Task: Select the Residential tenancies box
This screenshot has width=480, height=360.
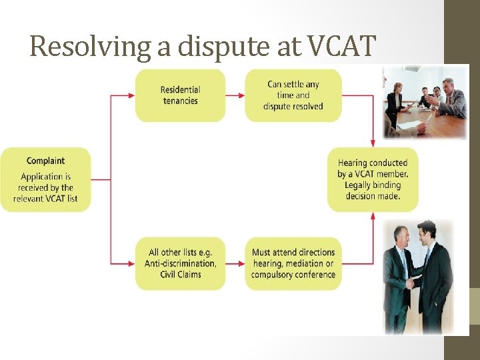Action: (x=180, y=95)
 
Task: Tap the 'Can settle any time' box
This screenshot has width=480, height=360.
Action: (x=293, y=95)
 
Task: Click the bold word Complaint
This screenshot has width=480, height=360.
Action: (x=45, y=161)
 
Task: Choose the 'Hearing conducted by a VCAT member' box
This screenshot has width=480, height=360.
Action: (x=373, y=179)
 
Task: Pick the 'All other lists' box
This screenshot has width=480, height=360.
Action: (x=180, y=263)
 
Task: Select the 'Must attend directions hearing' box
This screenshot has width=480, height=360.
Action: (x=293, y=263)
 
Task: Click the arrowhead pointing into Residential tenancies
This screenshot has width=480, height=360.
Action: (x=131, y=95)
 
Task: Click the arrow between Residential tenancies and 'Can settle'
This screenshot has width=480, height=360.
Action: (x=235, y=95)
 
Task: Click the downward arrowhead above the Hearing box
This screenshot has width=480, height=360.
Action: (x=373, y=143)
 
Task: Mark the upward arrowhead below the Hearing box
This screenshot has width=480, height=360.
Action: (x=373, y=216)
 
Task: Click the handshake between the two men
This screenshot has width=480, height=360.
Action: (x=412, y=283)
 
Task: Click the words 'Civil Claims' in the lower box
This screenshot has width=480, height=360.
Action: (x=181, y=274)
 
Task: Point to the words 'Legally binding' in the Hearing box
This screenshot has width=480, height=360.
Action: (x=372, y=185)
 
